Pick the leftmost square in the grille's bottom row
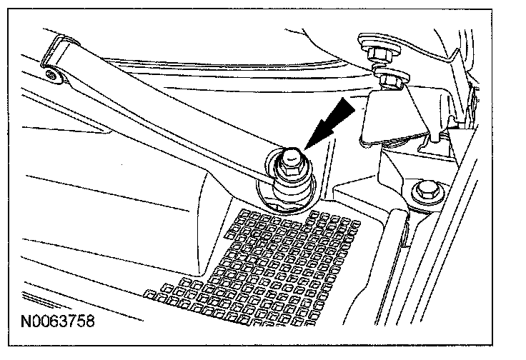(x=149, y=293)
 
